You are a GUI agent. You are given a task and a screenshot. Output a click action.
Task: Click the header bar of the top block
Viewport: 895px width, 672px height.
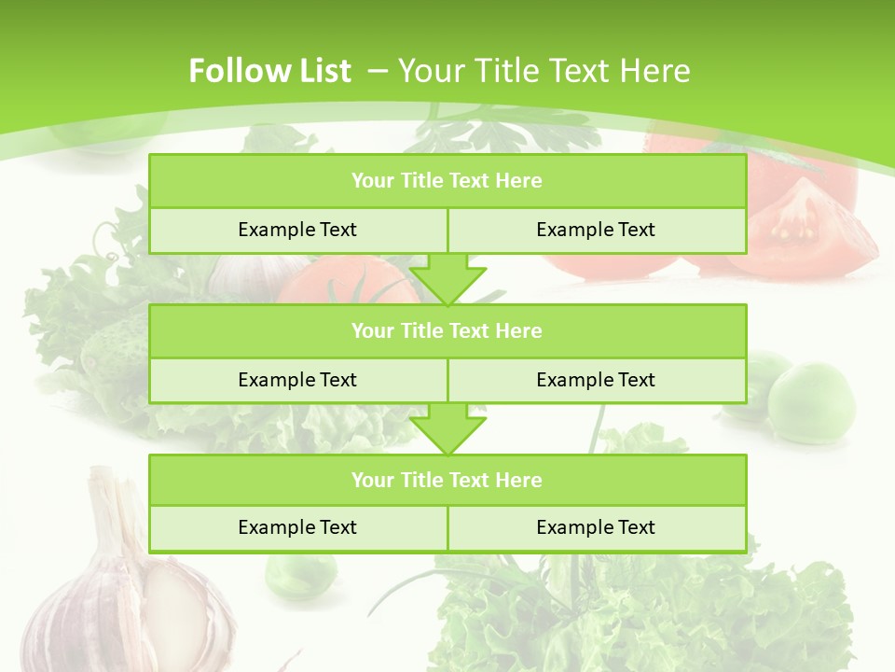click(447, 181)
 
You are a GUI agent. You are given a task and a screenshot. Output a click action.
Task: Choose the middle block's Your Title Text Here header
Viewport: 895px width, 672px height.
click(447, 330)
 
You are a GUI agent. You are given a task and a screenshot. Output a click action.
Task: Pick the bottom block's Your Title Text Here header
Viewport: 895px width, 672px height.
click(447, 480)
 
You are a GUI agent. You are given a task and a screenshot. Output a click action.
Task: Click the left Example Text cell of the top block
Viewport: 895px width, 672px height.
click(297, 230)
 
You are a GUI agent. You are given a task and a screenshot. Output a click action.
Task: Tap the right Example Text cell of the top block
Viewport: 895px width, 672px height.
click(596, 230)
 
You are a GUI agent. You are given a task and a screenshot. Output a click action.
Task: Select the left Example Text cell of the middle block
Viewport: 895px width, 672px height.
click(297, 380)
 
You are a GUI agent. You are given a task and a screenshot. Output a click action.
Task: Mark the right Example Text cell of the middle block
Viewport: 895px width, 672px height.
click(596, 380)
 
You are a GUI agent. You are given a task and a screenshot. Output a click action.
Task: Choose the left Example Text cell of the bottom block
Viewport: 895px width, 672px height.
click(297, 527)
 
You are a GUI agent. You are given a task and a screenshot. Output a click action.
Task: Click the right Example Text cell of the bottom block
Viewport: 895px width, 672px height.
click(596, 527)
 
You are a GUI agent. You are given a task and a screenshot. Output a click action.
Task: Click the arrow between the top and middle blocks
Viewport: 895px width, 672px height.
click(447, 280)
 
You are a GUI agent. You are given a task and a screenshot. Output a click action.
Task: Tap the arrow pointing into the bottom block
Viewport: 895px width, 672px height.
click(447, 429)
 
